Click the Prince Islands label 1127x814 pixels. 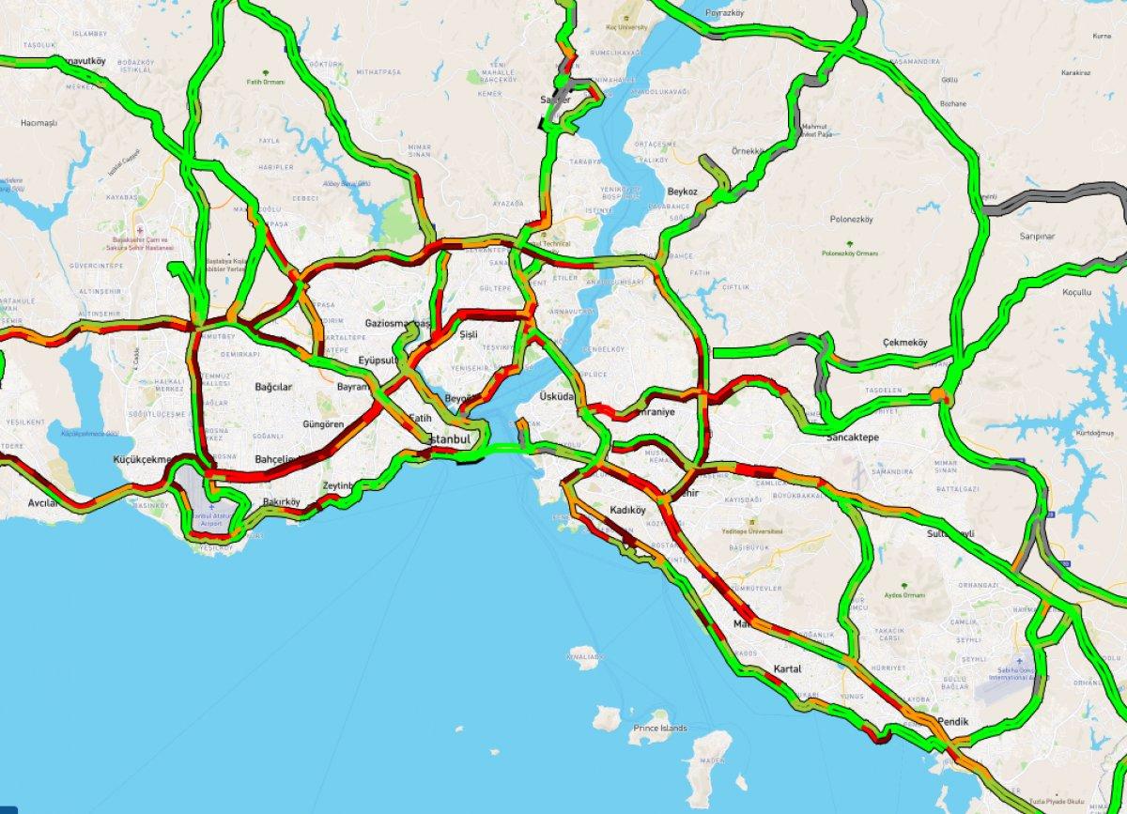(x=659, y=728)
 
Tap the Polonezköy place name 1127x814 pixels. (x=853, y=221)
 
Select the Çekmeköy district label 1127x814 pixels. (x=904, y=343)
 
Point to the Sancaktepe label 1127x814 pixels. (x=851, y=438)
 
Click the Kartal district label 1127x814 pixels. (x=787, y=668)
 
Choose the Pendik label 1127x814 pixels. (x=951, y=722)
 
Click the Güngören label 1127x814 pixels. (x=323, y=424)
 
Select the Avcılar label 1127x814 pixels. (x=43, y=502)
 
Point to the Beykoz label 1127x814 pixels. (x=683, y=192)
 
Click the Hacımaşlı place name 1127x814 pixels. (x=39, y=123)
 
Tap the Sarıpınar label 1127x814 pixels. (x=1038, y=237)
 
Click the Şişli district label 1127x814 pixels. (x=469, y=334)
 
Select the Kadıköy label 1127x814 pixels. (x=628, y=511)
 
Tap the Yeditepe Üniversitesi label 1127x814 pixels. (x=751, y=530)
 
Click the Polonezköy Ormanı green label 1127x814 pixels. (x=848, y=253)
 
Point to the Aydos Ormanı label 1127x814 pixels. (x=905, y=595)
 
